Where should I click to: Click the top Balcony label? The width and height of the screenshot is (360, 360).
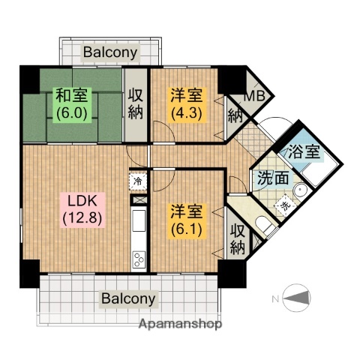(x=110, y=52)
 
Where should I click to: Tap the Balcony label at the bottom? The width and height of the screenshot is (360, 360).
(x=129, y=298)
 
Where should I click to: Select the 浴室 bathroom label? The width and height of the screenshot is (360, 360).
(x=305, y=150)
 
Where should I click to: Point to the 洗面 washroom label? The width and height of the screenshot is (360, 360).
(x=271, y=179)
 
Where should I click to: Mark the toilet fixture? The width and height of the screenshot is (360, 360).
(x=262, y=223)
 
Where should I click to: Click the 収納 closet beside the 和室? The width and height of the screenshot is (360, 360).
(x=136, y=104)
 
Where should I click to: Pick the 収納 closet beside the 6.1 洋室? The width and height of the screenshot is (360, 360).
(x=238, y=238)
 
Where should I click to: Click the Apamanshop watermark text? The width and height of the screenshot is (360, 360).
(x=180, y=325)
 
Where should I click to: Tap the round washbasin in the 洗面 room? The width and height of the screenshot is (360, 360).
(x=300, y=190)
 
